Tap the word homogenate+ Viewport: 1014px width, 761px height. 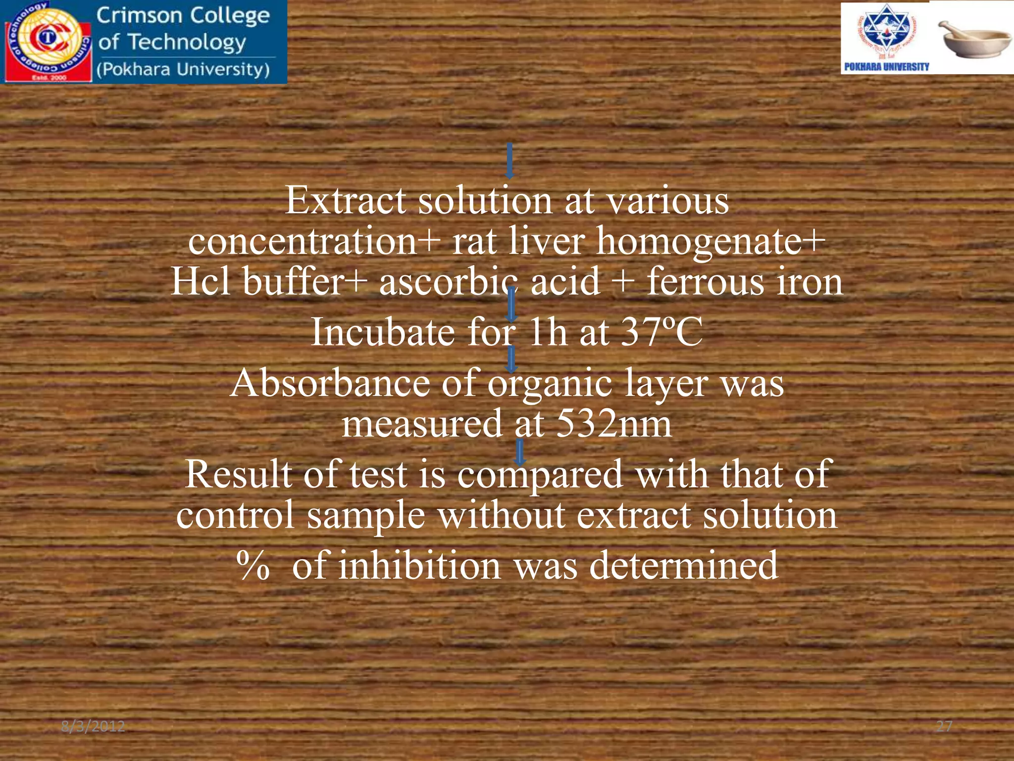[x=710, y=241]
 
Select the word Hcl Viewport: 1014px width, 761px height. [x=201, y=281]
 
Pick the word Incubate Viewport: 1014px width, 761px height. [x=382, y=332]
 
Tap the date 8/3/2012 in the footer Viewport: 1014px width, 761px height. [x=93, y=726]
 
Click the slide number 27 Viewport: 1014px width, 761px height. [x=944, y=726]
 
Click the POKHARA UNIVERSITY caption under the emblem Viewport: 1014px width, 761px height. [x=886, y=67]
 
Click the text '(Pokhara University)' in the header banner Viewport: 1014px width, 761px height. [x=183, y=69]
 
